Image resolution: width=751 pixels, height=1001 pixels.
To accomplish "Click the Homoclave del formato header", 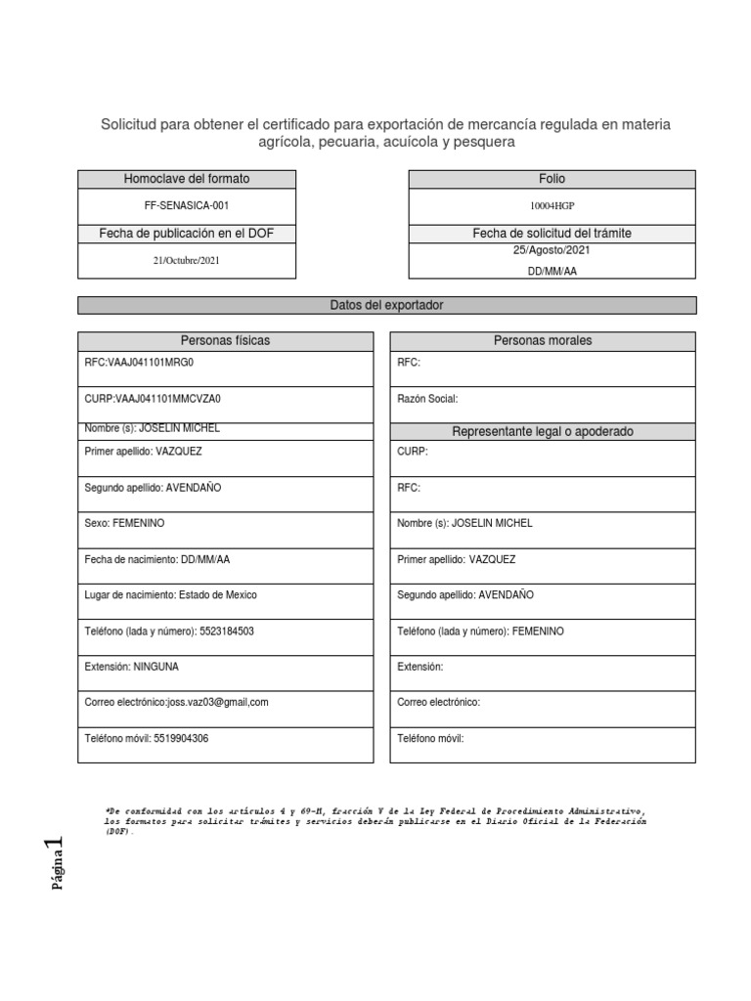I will [186, 179].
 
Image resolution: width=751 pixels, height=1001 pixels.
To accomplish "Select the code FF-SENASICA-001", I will [186, 206].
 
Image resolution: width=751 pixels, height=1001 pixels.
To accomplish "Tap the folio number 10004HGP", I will [552, 206].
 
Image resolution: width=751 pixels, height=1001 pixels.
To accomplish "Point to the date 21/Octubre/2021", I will [186, 261].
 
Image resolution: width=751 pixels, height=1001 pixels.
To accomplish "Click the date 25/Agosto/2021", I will [552, 250].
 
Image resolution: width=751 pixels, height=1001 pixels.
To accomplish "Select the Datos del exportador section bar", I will [386, 306].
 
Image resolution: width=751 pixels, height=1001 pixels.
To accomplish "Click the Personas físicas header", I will [225, 341].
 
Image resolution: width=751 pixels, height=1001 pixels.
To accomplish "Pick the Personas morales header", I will [543, 341].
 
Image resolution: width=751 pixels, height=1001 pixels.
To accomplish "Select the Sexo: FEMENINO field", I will [125, 524].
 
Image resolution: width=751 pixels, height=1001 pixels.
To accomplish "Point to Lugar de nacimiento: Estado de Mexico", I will [171, 595].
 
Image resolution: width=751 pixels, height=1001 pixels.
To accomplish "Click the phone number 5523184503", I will [226, 631].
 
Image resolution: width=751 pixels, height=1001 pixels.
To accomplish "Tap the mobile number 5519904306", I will [181, 739].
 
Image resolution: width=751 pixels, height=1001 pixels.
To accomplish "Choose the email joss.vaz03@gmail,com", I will [218, 703].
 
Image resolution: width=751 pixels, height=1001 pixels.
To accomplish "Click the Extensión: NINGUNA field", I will [132, 667].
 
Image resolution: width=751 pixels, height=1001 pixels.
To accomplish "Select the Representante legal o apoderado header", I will [543, 432].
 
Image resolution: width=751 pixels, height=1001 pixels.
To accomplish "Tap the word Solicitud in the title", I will [129, 124].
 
